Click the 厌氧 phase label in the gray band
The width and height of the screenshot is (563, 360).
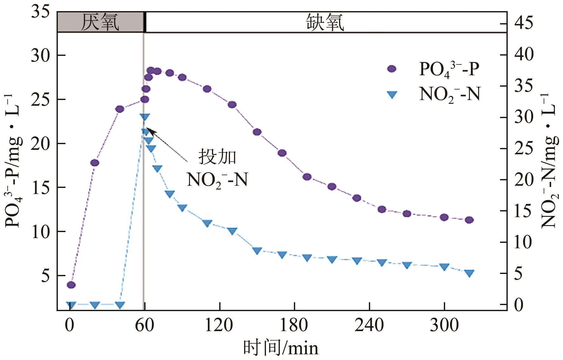coord(100,23)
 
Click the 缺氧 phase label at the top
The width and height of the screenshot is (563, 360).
coord(325,23)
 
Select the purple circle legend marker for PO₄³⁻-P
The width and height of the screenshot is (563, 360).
coord(392,69)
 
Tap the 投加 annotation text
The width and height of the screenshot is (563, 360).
coord(217,157)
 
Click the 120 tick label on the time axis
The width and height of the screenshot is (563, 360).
coord(219,326)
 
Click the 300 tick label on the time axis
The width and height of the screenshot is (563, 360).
coord(444,326)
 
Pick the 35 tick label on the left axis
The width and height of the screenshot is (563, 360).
coord(40,13)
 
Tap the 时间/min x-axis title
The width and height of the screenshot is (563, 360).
coord(281,348)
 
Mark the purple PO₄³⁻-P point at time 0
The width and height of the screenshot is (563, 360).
coord(71,285)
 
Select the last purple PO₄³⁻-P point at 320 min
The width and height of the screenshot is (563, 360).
coord(469,220)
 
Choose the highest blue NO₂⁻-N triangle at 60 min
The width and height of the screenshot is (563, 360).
coord(145,117)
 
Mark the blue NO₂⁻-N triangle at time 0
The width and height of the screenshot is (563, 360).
coord(71,305)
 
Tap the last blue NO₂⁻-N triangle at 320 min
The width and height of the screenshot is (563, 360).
coord(469,273)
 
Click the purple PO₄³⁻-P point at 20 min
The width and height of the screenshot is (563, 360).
coord(95,163)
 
